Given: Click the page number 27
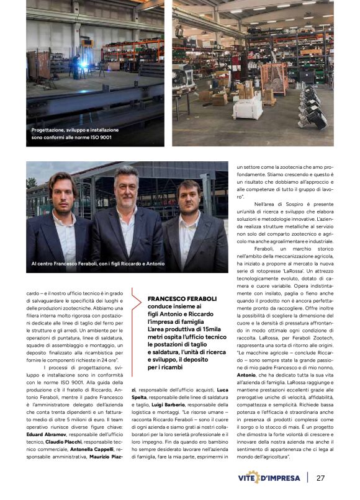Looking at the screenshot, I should click(321, 478).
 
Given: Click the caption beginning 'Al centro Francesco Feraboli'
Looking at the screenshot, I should click(97, 264).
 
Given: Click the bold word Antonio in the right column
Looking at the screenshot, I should click(247, 375).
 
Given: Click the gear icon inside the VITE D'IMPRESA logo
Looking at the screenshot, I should click(253, 477).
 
